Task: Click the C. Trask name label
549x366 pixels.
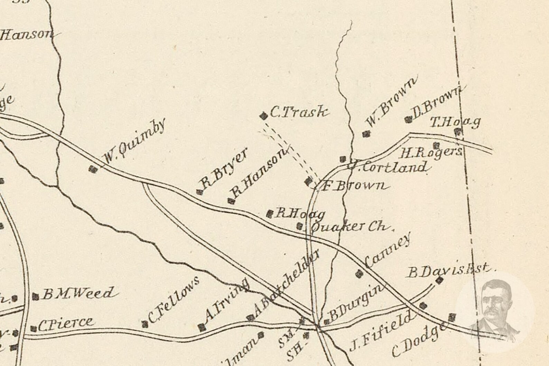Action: [x=298, y=112]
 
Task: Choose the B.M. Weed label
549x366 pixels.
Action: [x=77, y=294]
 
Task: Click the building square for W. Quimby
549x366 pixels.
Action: [x=93, y=169]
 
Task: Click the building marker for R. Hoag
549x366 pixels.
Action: [x=270, y=214]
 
